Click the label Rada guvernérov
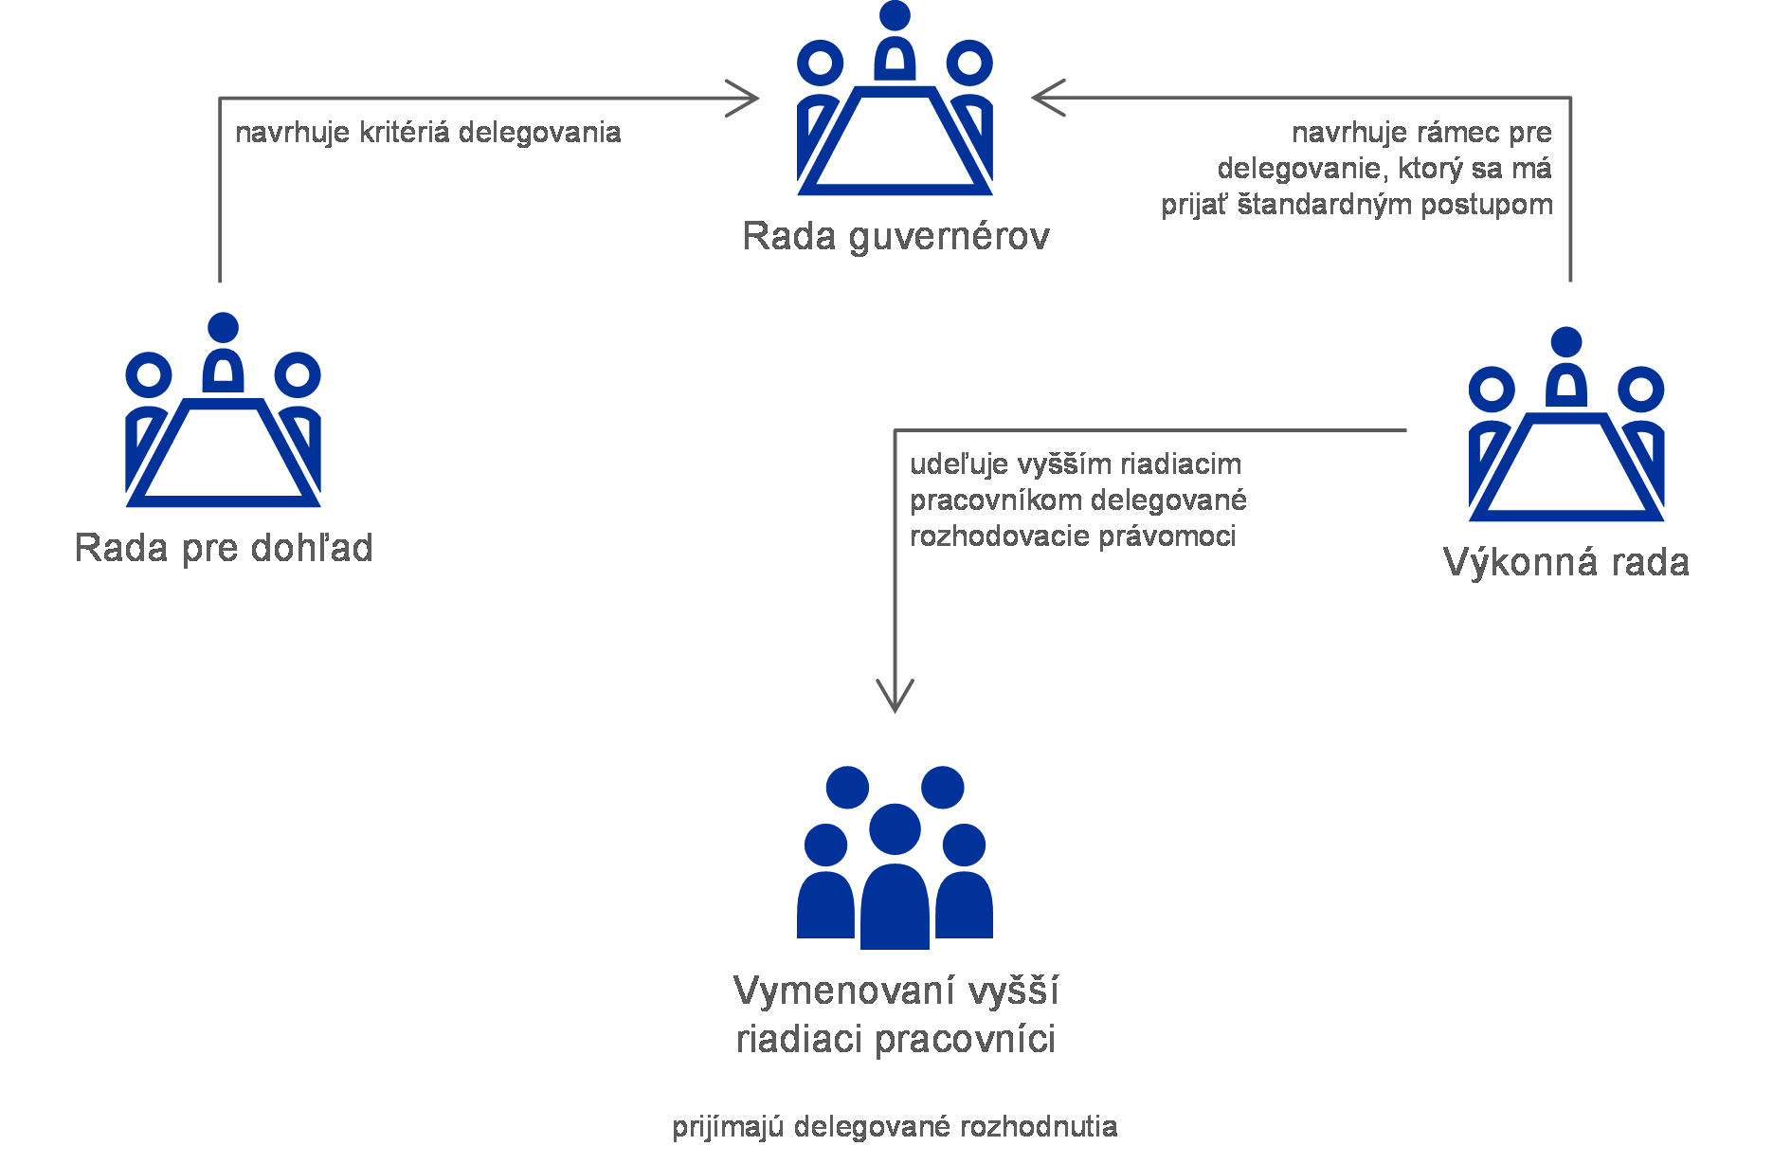[x=895, y=237]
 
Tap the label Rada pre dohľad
[x=224, y=548]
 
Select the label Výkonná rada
[x=1566, y=562]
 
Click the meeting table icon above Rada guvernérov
[x=895, y=99]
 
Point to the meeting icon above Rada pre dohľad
[x=224, y=409]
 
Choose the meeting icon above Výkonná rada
[x=1566, y=424]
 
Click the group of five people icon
[x=895, y=857]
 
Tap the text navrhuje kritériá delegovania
[x=428, y=133]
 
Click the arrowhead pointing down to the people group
[x=895, y=696]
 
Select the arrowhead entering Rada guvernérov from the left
[x=742, y=98]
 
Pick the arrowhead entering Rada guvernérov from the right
[x=1048, y=98]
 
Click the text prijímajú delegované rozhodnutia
[x=895, y=1127]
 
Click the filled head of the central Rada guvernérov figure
[x=895, y=15]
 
